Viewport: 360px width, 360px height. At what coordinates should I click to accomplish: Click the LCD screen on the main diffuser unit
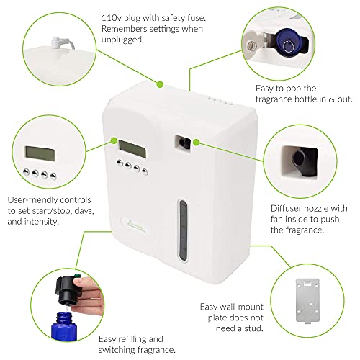(x=132, y=149)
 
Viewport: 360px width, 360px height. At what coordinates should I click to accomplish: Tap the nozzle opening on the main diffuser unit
(x=183, y=143)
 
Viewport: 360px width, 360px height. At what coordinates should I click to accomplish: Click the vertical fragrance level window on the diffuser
(x=183, y=230)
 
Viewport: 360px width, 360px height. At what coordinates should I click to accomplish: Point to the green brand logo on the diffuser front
(x=135, y=227)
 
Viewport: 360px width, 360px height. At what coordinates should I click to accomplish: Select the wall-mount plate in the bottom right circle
(x=307, y=301)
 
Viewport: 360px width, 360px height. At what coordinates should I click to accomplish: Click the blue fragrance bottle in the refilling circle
(x=64, y=326)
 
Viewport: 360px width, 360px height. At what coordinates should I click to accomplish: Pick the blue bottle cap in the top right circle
(x=288, y=42)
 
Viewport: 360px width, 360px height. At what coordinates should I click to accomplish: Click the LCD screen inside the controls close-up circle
(x=40, y=154)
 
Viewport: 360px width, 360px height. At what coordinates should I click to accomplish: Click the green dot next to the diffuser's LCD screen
(x=114, y=140)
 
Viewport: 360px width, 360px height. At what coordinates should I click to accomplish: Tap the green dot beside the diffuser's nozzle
(x=197, y=143)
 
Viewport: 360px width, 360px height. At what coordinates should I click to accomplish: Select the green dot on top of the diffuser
(x=160, y=84)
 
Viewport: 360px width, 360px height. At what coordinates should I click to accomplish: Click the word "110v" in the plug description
(x=111, y=18)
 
